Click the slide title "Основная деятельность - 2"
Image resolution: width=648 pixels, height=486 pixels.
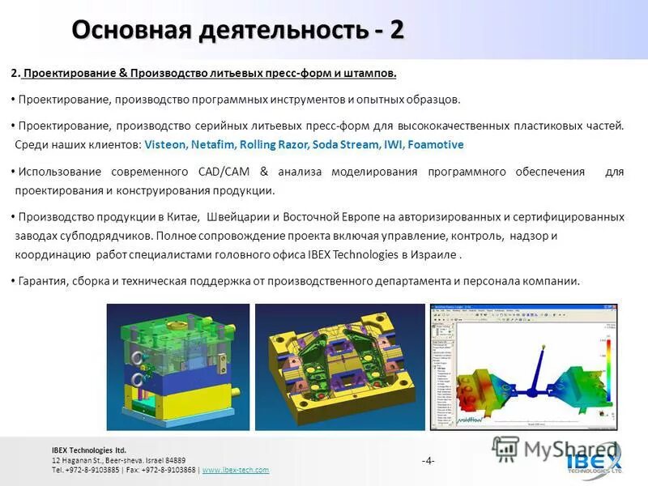pos(237,30)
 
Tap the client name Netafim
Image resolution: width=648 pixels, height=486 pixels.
pos(216,145)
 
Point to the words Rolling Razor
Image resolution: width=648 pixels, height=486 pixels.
pos(279,145)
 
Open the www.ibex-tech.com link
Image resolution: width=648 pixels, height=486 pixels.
pos(235,470)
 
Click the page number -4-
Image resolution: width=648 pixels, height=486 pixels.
pos(428,461)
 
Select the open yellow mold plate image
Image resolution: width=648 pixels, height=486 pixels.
pos(339,366)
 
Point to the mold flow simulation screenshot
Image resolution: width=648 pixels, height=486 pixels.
pos(522,366)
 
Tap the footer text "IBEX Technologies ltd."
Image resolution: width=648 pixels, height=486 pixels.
pos(89,450)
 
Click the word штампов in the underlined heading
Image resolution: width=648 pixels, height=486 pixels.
pos(372,74)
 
